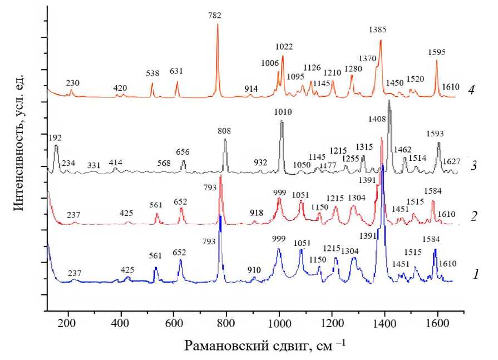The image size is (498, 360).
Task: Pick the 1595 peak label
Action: click(437, 53)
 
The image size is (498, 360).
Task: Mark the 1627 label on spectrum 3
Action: click(451, 161)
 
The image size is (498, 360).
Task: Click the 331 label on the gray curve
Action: click(93, 165)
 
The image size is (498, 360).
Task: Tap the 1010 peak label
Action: click(283, 112)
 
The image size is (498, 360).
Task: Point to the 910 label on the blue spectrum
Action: click(254, 270)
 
